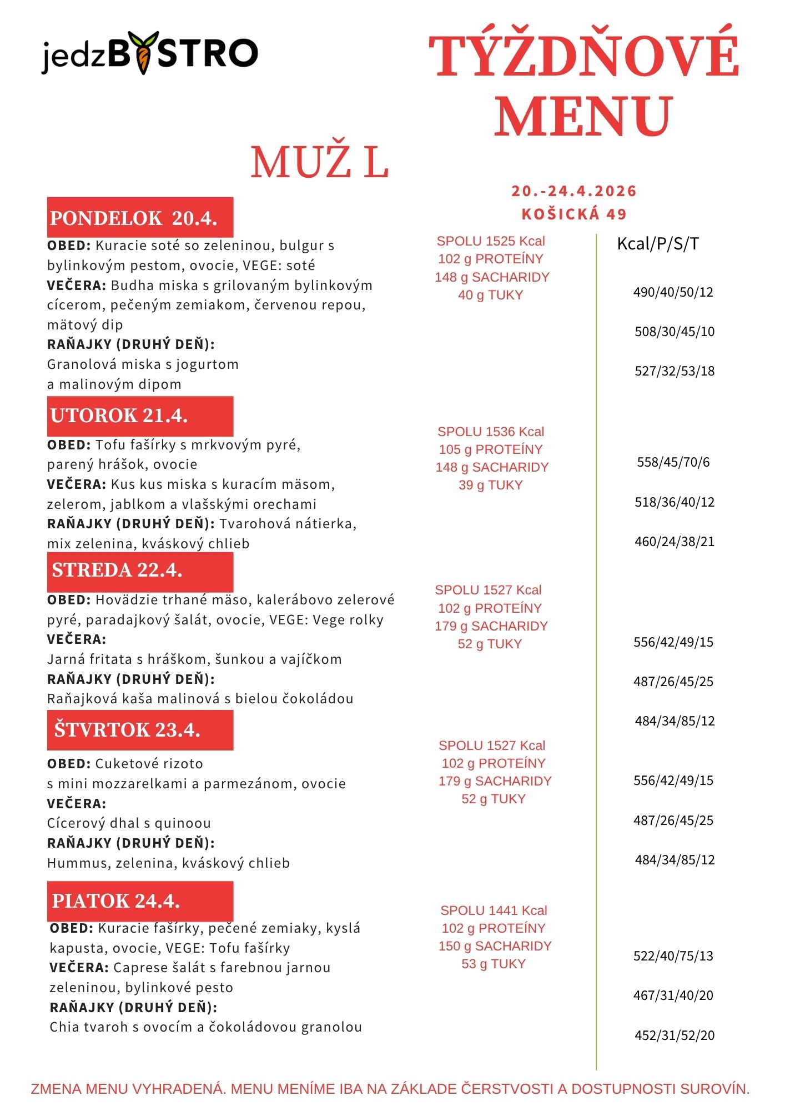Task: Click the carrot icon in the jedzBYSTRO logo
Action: (x=144, y=53)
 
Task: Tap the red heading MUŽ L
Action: (x=319, y=163)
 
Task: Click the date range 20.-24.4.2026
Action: (x=573, y=191)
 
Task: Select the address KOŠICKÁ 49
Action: (x=574, y=214)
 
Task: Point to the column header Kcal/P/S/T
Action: (x=658, y=243)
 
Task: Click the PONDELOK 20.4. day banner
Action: (x=140, y=218)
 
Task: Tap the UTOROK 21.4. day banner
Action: (x=140, y=416)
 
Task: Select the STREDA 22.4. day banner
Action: (x=140, y=570)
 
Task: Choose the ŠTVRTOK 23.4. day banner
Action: (x=140, y=730)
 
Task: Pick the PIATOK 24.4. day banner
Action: (x=140, y=900)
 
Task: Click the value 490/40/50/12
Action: (x=673, y=292)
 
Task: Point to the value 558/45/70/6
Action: (x=673, y=462)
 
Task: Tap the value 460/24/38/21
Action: (x=675, y=542)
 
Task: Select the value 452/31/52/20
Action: (x=675, y=1035)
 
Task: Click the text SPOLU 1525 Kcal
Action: (x=491, y=241)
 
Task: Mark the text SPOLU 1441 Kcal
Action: (x=494, y=910)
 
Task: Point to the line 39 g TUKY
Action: (x=491, y=485)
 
